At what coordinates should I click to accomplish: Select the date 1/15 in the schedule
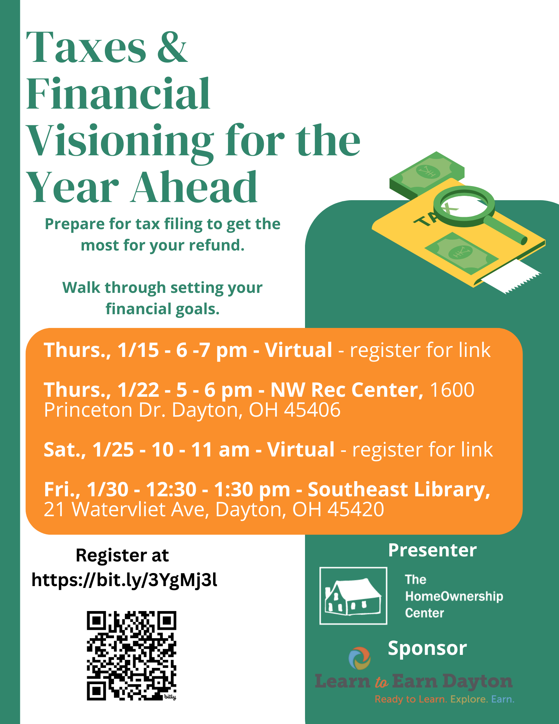[x=138, y=350]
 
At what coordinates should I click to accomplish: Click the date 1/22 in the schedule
[x=138, y=390]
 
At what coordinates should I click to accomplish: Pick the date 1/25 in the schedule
[x=113, y=450]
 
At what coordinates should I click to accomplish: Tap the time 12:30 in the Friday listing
[x=171, y=489]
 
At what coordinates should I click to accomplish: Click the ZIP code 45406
[x=312, y=410]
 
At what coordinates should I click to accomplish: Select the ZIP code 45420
[x=356, y=509]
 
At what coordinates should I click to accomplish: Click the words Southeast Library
[x=399, y=490]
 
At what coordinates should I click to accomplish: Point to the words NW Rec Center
[x=347, y=390]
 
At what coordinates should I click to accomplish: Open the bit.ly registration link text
[x=124, y=580]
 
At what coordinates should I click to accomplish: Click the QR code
[x=131, y=656]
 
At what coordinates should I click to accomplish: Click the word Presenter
[x=432, y=550]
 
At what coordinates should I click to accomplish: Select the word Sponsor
[x=427, y=648]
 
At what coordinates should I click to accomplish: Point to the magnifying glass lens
[x=464, y=203]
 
